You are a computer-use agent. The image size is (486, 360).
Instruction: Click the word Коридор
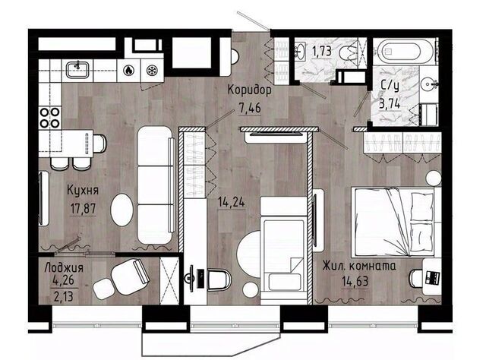coord(250,90)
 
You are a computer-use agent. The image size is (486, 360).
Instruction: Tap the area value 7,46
coord(250,109)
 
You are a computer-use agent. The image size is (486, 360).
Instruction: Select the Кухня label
coord(83,191)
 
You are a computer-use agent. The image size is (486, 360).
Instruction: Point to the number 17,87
coord(83,209)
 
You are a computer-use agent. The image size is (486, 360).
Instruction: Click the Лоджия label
coord(64,267)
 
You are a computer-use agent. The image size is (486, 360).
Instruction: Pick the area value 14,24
coord(232,203)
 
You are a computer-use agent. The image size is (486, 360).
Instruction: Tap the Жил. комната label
coord(359,266)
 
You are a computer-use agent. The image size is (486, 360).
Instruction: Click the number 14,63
coord(355,282)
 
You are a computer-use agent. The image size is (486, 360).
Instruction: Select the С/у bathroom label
coord(390,86)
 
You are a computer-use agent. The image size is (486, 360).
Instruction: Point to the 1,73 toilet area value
coord(322,52)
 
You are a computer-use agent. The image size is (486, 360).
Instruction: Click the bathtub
coord(403,52)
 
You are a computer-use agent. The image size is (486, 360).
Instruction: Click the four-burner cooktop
coord(49,117)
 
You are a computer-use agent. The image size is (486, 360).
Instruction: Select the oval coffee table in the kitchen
coord(121,210)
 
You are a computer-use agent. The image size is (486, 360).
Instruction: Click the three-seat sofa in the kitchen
coord(156,185)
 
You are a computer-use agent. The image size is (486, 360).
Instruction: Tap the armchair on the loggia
coord(130,272)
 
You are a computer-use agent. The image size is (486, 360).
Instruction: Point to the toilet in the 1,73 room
coord(351,52)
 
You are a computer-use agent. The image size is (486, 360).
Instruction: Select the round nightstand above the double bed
coord(434,178)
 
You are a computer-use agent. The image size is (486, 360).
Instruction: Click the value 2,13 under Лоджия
coord(64,297)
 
